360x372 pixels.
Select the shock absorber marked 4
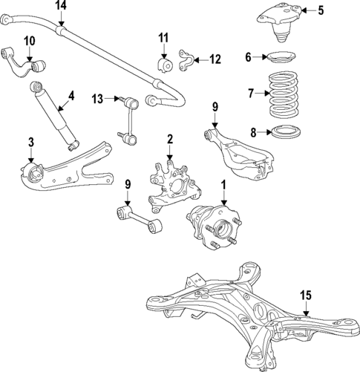(x=55, y=115)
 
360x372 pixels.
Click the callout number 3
(x=30, y=142)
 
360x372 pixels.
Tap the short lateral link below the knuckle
(x=140, y=221)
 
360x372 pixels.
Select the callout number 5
(x=321, y=10)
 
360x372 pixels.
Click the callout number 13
(x=97, y=98)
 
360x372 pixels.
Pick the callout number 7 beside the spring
(x=250, y=93)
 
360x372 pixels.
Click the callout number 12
(x=215, y=59)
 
